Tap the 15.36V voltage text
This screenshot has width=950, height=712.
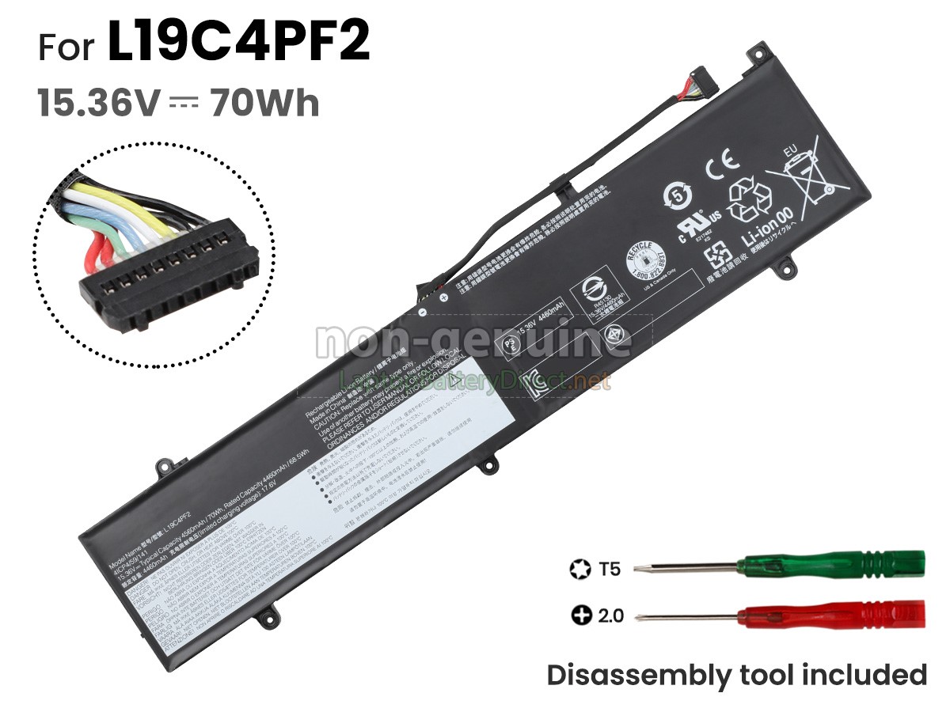(100, 104)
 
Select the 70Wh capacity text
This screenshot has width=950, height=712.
(264, 104)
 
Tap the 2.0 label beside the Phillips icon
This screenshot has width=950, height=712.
(610, 615)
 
